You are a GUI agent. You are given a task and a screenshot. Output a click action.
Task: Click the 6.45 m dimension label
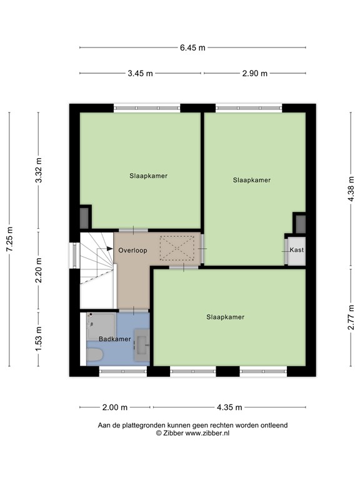point(192,47)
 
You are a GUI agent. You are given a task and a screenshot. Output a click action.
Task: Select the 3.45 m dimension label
point(140,74)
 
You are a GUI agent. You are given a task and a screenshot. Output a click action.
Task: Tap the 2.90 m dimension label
point(255,74)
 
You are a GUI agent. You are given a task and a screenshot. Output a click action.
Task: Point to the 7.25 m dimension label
point(9,239)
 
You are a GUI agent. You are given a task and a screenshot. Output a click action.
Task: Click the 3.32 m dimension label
point(39,170)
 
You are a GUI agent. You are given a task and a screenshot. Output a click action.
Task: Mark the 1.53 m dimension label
point(39,339)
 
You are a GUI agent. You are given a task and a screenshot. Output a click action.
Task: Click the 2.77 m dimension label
point(351,317)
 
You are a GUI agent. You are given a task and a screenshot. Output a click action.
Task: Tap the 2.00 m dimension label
point(114,407)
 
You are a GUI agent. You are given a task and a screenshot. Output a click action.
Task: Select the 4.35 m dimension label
point(229,407)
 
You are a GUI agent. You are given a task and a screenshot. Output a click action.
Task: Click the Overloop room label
point(133,251)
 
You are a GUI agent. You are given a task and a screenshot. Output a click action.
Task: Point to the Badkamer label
point(115,339)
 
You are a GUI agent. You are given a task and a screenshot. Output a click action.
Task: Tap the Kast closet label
point(297,250)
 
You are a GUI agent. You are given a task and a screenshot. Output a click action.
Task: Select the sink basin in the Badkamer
point(142,345)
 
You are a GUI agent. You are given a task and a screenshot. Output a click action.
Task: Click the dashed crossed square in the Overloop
point(177,248)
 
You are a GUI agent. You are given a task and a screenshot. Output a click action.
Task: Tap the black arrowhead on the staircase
point(110,249)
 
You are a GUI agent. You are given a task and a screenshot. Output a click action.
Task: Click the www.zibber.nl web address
point(207,433)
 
